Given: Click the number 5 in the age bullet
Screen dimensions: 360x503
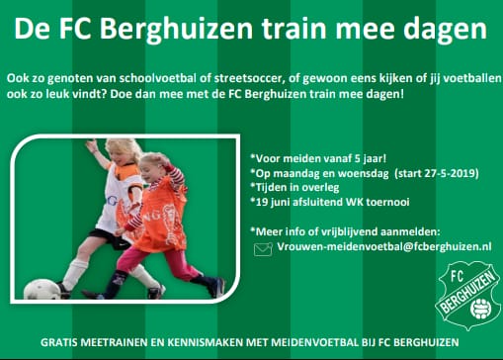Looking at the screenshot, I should pyautogui.click(x=356, y=157).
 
